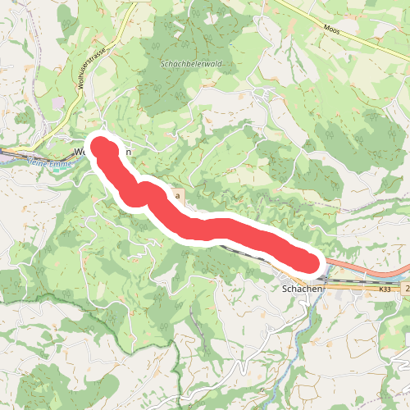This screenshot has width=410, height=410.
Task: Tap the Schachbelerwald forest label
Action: coord(193,63)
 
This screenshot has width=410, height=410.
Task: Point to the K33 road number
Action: coord(385,289)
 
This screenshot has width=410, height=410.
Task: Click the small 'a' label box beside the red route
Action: coord(176,197)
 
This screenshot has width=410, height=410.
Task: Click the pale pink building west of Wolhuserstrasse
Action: coord(58,103)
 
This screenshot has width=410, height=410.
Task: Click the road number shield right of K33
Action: coord(407,289)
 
